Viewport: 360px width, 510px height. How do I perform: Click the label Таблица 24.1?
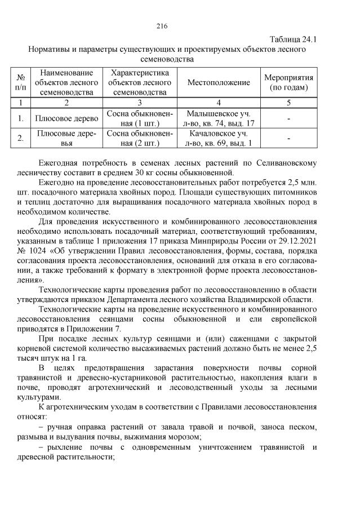pos(293,39)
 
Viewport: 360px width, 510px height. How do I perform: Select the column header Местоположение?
pos(219,83)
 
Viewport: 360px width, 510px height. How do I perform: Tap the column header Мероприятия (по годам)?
pos(288,83)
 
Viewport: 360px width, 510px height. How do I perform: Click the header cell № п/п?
pos(21,83)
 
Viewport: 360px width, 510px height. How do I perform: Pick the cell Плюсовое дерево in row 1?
pos(66,119)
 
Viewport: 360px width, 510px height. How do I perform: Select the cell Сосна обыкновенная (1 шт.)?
pos(139,119)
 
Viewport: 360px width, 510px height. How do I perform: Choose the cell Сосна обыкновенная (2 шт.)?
pos(139,139)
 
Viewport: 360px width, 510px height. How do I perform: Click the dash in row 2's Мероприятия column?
pos(288,139)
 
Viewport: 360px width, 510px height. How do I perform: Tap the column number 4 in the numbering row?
pos(219,103)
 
